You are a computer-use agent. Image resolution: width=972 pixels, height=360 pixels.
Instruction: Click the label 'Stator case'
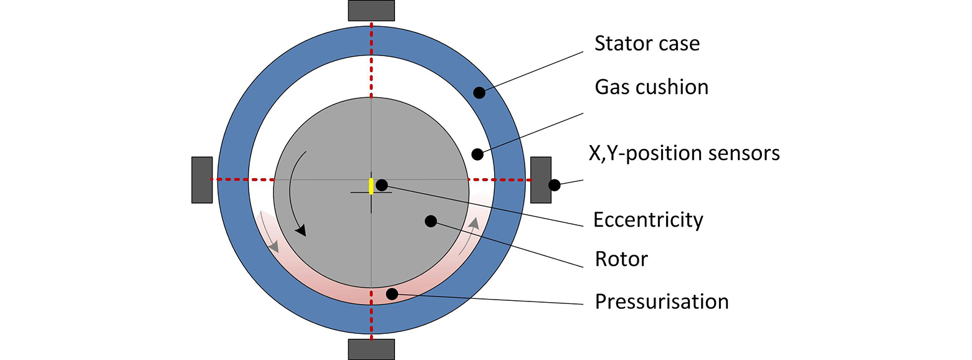647,44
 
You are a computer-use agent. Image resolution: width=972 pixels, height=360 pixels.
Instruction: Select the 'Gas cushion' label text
651,87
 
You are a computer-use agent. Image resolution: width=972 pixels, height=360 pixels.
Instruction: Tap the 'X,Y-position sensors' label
684,153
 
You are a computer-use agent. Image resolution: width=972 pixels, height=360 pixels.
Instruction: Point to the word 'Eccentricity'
648,220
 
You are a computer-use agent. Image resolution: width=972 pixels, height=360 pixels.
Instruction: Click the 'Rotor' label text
621,258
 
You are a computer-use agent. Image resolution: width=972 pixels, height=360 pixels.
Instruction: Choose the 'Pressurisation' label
662,301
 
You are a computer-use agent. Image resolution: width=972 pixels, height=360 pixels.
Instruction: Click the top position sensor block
371,11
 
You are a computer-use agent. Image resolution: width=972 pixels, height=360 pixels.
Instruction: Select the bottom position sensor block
371,349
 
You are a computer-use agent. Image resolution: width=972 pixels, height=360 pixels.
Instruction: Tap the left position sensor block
202,179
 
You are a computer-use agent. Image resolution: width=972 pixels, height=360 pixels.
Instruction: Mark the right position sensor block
540,179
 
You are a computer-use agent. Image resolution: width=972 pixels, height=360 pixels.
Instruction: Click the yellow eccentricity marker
371,186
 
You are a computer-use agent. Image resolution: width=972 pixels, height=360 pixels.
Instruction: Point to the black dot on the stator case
479,93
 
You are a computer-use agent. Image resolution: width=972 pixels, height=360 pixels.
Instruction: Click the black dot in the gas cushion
477,153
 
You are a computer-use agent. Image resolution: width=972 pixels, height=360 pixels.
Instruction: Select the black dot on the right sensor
554,185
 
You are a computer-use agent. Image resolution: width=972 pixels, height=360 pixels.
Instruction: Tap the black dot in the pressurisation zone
391,293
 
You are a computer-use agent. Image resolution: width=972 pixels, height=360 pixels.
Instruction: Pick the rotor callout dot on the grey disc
430,220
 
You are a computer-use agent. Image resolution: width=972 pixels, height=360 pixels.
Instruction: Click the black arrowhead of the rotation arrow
302,230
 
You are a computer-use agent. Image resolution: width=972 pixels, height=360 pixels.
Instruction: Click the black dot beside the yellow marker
382,185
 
